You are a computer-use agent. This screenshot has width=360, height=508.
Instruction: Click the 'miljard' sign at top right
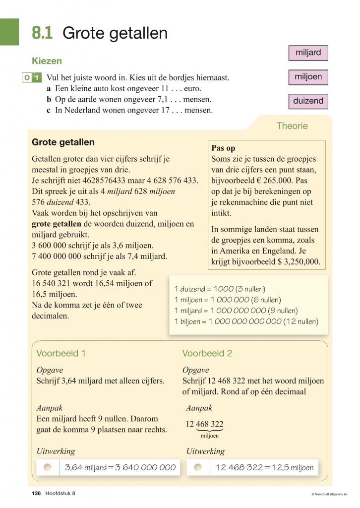coord(308,53)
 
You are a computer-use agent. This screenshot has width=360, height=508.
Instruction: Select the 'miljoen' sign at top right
coord(308,77)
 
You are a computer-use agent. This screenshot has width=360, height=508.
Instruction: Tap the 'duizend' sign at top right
coord(308,101)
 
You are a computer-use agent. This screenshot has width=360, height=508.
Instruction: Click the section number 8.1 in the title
coord(42,33)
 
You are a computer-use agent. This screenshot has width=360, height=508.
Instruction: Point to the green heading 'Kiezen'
coord(47,61)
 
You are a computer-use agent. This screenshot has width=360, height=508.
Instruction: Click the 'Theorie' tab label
coord(292,126)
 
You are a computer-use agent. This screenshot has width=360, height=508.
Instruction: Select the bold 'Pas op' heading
coord(223,148)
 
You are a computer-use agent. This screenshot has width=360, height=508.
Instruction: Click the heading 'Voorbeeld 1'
coord(61,353)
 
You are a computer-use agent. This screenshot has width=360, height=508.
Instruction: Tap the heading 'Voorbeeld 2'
coord(207,353)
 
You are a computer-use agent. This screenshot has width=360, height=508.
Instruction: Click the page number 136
coord(36,493)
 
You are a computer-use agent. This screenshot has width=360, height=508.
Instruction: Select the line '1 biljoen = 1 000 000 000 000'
coord(246,321)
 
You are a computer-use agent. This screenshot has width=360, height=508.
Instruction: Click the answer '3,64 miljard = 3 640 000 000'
coord(120,467)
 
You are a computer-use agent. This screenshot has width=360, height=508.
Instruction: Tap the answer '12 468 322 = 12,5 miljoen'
coord(265,467)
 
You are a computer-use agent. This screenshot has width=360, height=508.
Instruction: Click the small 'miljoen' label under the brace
coord(209,436)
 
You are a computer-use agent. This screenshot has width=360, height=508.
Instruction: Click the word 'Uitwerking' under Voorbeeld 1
coord(56,451)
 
